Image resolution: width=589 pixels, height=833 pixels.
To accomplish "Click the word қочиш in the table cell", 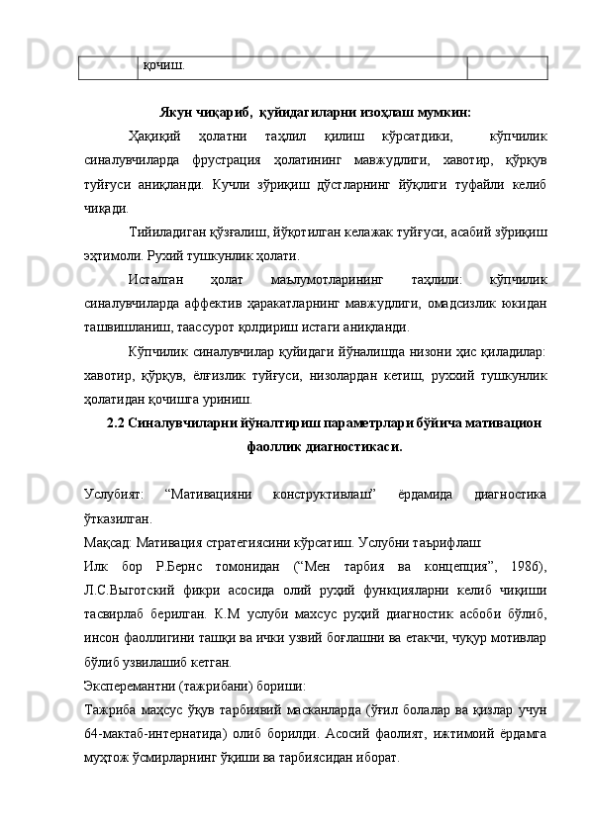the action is (x=162, y=65).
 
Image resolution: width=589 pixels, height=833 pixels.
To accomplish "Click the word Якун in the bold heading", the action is (x=176, y=112).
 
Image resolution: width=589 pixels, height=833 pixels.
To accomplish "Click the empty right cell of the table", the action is (x=507, y=66).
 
